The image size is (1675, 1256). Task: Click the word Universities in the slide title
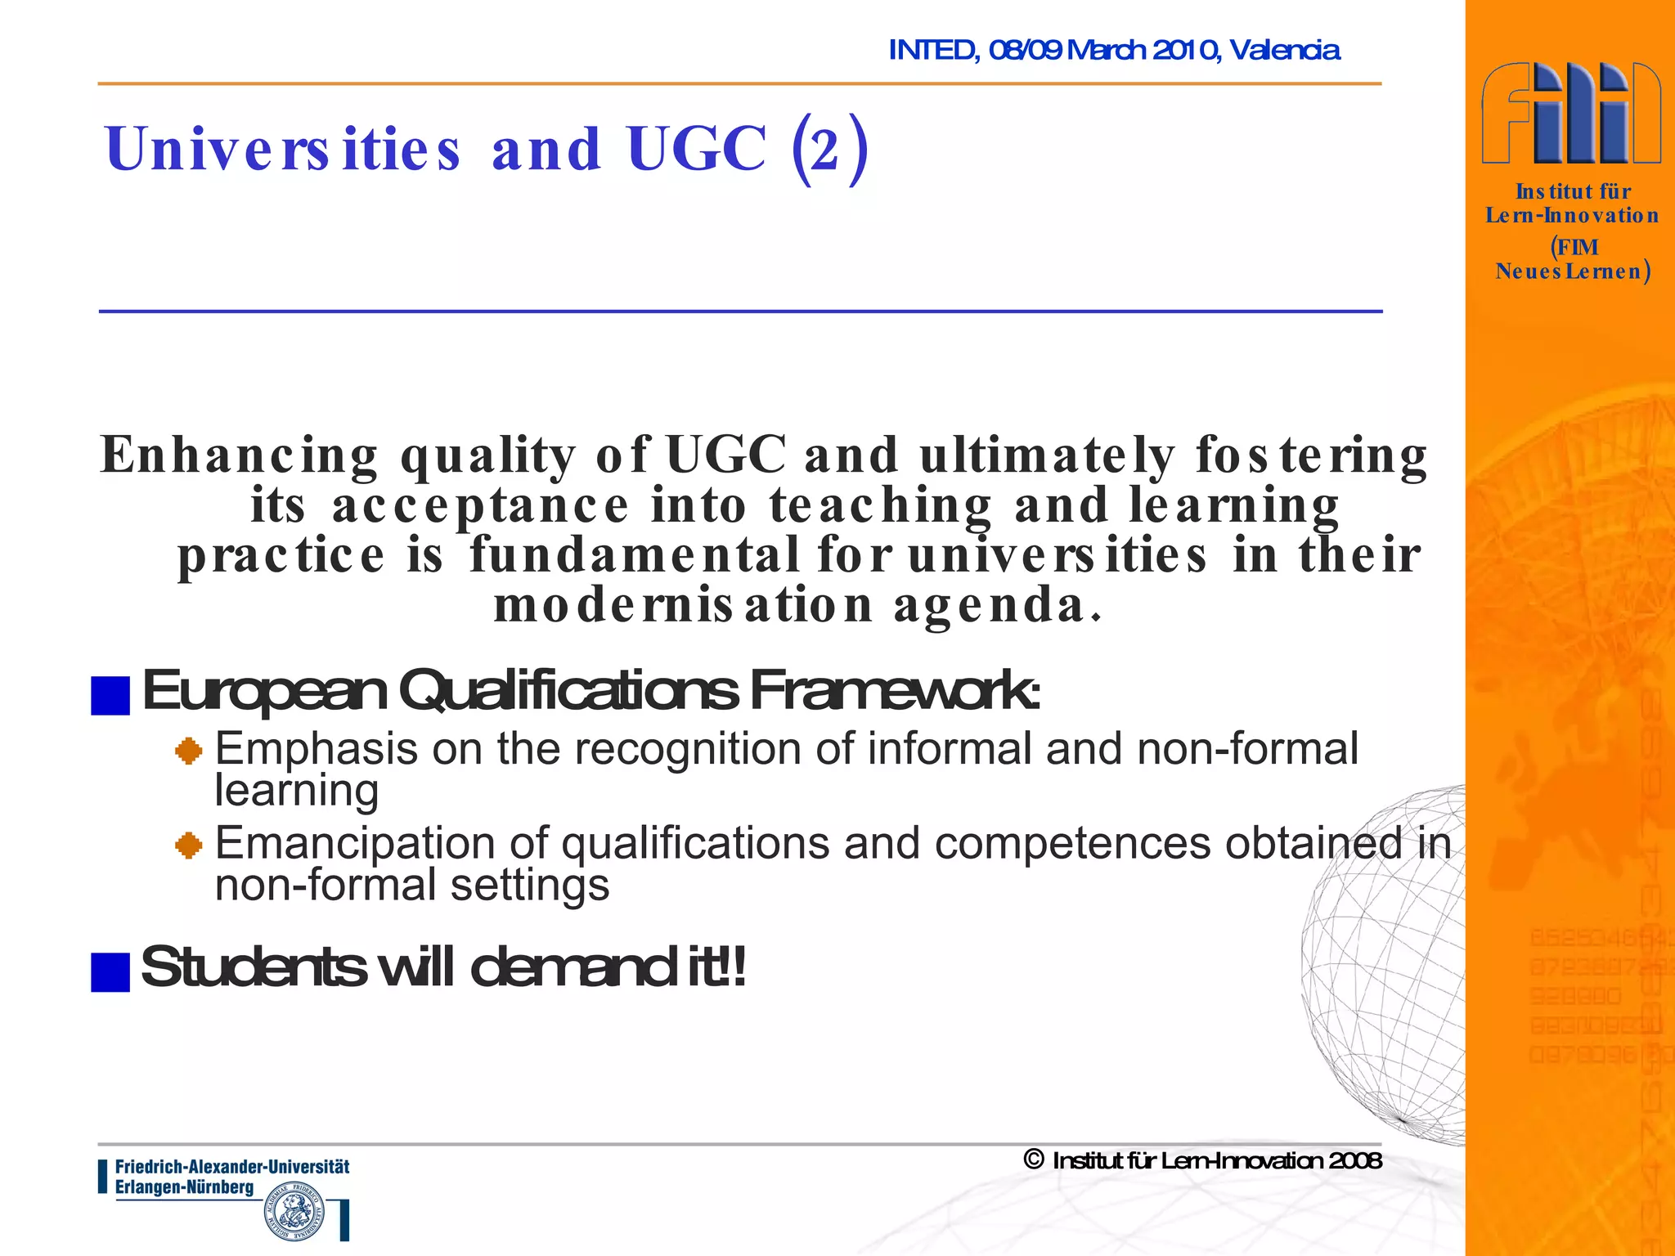283,149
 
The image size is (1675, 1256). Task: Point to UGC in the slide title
697,149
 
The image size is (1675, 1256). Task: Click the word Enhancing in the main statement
239,455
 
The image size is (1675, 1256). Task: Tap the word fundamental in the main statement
635,555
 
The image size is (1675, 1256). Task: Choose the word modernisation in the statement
684,606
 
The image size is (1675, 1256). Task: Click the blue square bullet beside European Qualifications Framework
110,696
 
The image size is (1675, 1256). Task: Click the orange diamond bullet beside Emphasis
189,751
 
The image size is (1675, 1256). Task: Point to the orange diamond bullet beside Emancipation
189,845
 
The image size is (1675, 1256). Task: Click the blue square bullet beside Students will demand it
110,972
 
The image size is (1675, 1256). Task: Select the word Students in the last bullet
253,967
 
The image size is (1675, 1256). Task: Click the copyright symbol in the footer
1034,1160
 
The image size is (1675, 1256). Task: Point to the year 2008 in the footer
1354,1160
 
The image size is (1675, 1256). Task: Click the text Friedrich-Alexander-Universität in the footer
232,1167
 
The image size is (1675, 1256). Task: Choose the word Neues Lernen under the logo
1568,271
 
